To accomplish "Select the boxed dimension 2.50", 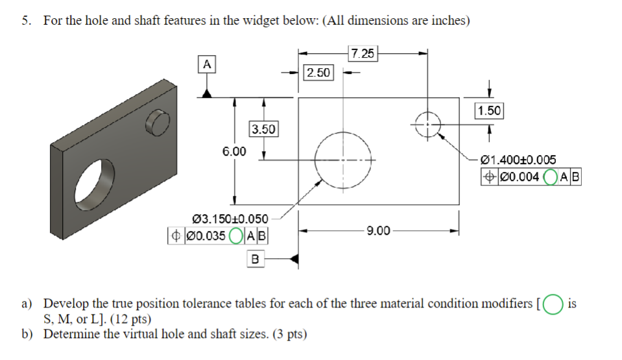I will click(x=318, y=72).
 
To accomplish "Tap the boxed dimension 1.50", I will click(x=488, y=111).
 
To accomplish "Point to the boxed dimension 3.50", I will click(x=263, y=129).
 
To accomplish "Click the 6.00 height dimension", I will click(x=234, y=151).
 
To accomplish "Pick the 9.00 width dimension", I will click(x=378, y=230).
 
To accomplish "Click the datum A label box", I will click(x=206, y=64).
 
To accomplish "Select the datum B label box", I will click(x=254, y=259).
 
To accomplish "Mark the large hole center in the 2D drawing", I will click(x=342, y=159).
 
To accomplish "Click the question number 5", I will click(x=25, y=21).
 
